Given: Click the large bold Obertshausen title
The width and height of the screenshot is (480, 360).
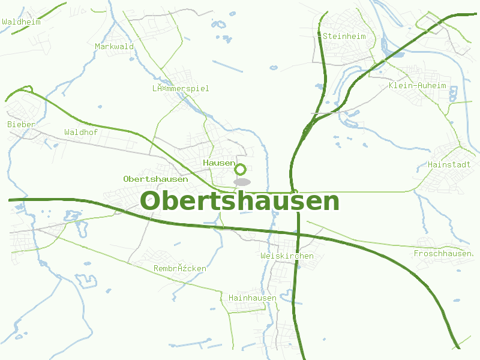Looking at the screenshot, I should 239,201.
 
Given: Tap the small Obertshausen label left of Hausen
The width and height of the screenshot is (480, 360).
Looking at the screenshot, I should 155,179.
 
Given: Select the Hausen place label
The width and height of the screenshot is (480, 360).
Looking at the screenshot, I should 219,163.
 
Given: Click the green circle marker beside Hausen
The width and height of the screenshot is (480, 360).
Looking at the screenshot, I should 241,169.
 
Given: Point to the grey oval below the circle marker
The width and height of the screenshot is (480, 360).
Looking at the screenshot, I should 242,182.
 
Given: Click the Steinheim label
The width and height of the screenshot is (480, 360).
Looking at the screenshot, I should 344,36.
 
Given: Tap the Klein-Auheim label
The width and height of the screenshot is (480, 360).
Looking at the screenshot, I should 418,85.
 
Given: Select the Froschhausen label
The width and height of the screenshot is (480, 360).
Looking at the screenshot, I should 443,254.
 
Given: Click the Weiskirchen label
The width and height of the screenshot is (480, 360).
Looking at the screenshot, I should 287,256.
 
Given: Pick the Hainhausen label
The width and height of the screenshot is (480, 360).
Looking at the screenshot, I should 253,298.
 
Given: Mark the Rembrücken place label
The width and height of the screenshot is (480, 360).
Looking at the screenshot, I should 179,268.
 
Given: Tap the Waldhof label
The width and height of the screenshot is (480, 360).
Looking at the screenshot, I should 80,131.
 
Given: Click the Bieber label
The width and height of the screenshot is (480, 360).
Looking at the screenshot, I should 21,124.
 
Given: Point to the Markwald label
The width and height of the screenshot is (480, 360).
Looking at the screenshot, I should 114,46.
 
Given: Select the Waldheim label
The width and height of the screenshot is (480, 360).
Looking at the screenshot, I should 21,22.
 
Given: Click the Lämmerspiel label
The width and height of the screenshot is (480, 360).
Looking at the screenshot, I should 181,88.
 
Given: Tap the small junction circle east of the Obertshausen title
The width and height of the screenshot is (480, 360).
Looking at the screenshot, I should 295,191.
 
